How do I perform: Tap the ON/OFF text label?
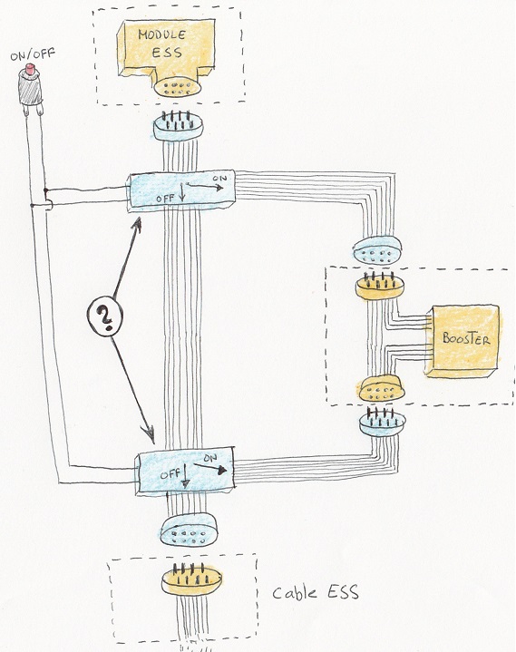(x=33, y=54)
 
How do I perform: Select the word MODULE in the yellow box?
(x=161, y=34)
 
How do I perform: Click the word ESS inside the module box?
(x=167, y=53)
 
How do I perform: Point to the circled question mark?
(x=105, y=316)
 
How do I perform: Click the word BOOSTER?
(x=466, y=338)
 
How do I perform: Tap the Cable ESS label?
(x=316, y=592)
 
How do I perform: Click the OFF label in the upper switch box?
(x=165, y=199)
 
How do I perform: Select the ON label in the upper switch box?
(x=219, y=179)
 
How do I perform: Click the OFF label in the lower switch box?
(x=170, y=474)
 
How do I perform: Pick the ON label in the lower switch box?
(x=210, y=458)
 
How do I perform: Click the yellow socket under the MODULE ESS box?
(x=178, y=87)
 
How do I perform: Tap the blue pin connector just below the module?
(x=178, y=126)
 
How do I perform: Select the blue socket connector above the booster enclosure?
(x=377, y=250)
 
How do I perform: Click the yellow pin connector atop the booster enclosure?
(x=380, y=286)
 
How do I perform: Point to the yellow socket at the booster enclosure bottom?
(x=381, y=389)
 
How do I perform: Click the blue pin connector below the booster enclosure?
(x=382, y=422)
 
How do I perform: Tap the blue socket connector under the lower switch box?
(x=189, y=530)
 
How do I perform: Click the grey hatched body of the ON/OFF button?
(x=30, y=89)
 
